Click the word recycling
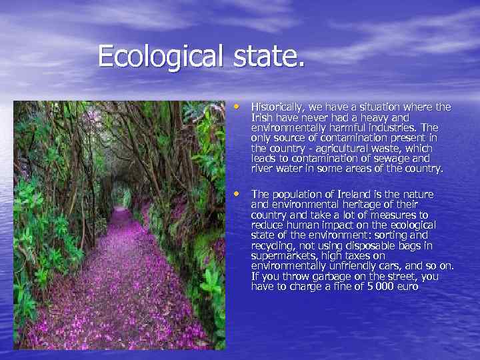coord(272,246)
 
